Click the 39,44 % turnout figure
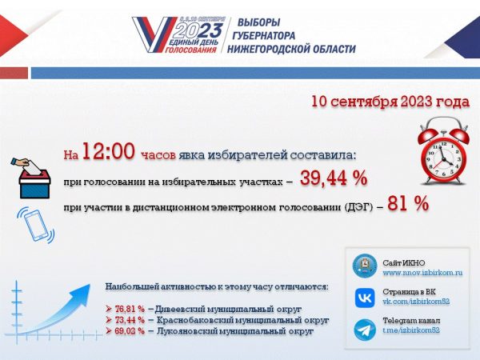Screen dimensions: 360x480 pos(333,178)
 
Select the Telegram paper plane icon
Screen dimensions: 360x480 pos(363,328)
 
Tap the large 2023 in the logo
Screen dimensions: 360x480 pos(195,31)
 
